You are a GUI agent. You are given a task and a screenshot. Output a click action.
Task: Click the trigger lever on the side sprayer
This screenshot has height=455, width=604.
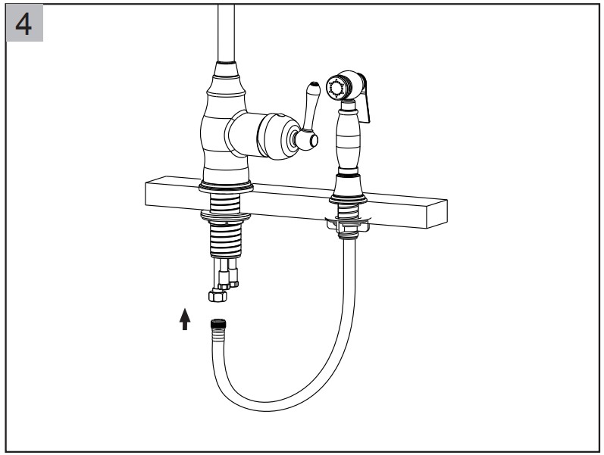[x=365, y=98]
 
